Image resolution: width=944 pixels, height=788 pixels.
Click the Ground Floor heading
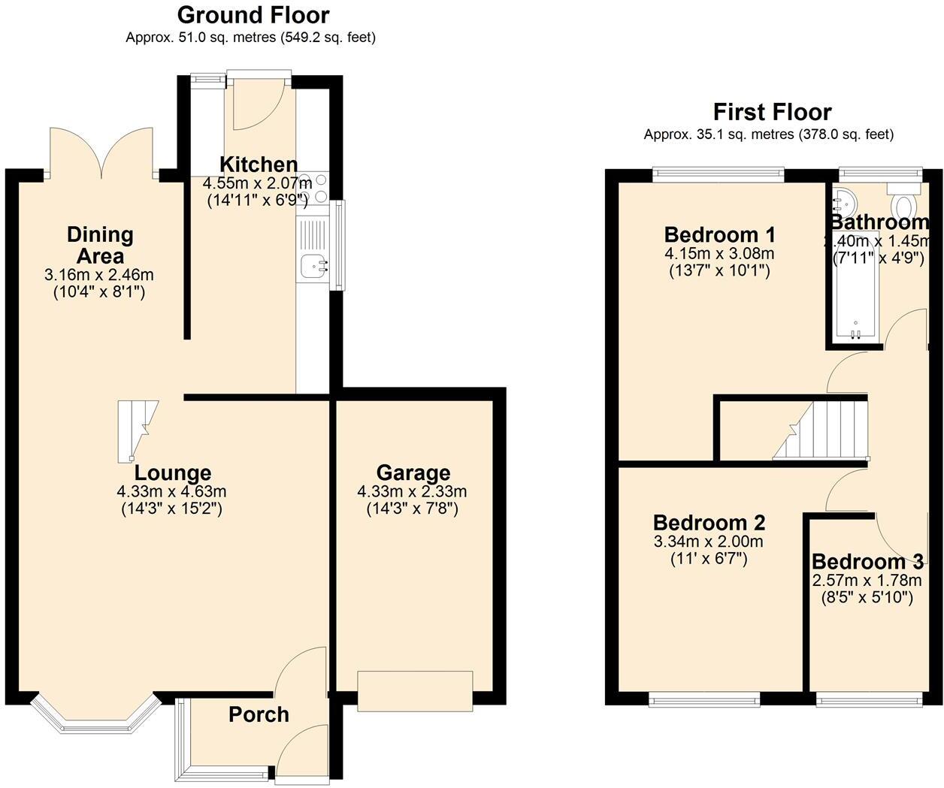(253, 15)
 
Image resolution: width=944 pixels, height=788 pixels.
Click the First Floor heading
(772, 113)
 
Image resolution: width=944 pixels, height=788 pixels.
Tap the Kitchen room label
(258, 165)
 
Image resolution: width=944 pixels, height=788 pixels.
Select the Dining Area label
(100, 245)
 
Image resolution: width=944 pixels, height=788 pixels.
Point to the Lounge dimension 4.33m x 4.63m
(171, 492)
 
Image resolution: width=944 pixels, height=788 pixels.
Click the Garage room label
(413, 472)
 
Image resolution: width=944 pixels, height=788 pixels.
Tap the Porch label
(259, 714)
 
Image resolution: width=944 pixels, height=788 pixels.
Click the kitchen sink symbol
(313, 265)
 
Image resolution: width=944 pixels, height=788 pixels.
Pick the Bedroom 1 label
(719, 234)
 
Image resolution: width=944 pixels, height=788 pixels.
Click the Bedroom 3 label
(867, 562)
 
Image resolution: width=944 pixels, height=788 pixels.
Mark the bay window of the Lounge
(95, 715)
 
